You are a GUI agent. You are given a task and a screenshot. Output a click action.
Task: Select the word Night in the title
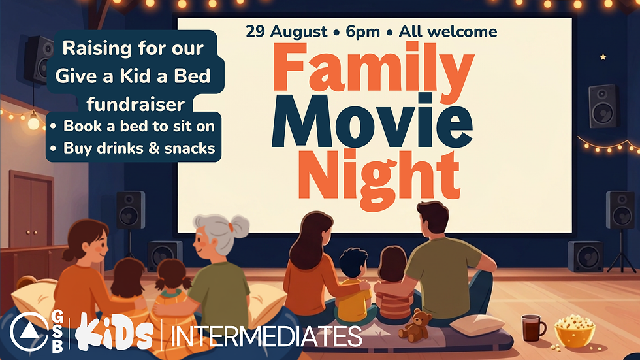pyautogui.click(x=379, y=180)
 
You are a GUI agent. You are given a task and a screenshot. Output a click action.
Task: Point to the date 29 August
pyautogui.click(x=287, y=31)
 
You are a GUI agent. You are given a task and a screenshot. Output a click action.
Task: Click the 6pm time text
pyautogui.click(x=363, y=32)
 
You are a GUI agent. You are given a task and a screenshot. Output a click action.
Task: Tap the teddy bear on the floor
pyautogui.click(x=415, y=325)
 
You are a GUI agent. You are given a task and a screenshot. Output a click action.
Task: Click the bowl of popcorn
pyautogui.click(x=574, y=331)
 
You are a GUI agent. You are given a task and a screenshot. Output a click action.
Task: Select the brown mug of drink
pyautogui.click(x=533, y=328)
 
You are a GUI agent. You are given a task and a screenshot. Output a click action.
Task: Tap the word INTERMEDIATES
pyautogui.click(x=266, y=336)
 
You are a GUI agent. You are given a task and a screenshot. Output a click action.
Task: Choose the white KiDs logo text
pyautogui.click(x=115, y=333)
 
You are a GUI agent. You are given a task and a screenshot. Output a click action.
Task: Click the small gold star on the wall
pyautogui.click(x=603, y=57)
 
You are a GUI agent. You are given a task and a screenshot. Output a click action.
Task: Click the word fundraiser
pyautogui.click(x=136, y=105)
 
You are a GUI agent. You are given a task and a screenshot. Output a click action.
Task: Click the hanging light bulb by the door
pyautogui.click(x=33, y=122)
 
